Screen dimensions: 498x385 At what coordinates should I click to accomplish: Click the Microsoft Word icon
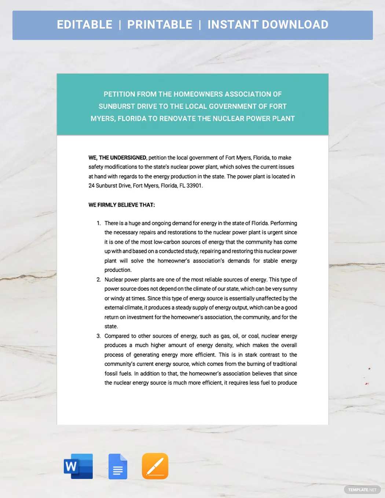(x=78, y=466)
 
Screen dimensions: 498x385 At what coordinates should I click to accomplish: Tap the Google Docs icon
(x=118, y=467)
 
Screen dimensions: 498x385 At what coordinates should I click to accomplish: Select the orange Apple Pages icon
(x=155, y=466)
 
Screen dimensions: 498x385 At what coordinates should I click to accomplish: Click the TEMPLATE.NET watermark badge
(x=362, y=490)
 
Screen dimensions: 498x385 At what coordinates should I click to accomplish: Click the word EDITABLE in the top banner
(x=85, y=25)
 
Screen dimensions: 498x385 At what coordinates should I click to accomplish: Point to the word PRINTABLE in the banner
(x=159, y=25)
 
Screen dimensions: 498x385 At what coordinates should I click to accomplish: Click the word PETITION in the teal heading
(x=119, y=94)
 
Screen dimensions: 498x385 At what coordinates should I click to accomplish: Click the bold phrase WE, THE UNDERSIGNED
(x=117, y=158)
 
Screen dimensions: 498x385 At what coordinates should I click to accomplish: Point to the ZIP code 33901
(x=194, y=186)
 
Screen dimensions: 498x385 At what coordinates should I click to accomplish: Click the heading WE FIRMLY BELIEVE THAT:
(x=122, y=205)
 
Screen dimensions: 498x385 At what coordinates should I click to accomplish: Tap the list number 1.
(x=98, y=223)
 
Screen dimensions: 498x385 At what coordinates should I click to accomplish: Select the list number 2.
(x=98, y=280)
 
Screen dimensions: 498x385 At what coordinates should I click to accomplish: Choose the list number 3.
(x=98, y=336)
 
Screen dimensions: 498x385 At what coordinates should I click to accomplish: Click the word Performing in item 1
(x=283, y=223)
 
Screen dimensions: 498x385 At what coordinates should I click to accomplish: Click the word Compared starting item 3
(x=117, y=336)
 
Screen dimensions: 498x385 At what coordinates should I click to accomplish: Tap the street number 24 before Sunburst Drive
(x=91, y=186)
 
